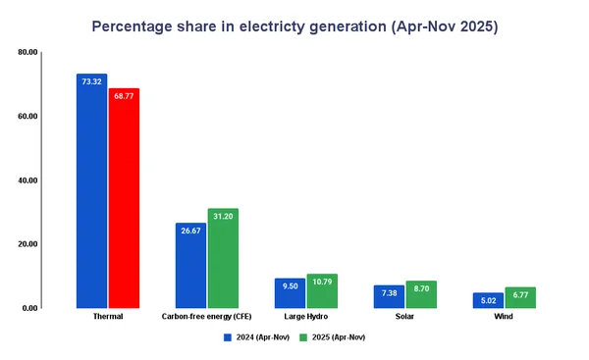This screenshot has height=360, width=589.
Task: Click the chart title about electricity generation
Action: coord(294,26)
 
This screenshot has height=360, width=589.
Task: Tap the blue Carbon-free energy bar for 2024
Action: coord(190,265)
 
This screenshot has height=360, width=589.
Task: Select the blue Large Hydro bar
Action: coord(290,293)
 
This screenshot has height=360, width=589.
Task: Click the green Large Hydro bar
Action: coord(322,291)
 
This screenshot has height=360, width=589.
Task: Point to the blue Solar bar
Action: coord(389,296)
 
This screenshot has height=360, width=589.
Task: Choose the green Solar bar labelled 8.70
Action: coord(421,294)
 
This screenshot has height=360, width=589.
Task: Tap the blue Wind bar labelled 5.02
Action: coord(488,300)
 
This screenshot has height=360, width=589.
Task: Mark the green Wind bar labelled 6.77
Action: coord(520,297)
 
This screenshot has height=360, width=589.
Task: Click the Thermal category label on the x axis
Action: coord(108,317)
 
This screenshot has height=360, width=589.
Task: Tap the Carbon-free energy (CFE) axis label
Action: coord(207,317)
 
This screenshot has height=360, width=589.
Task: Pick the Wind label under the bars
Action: coord(504,317)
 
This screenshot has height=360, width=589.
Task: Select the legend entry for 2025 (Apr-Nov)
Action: coord(333,336)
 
